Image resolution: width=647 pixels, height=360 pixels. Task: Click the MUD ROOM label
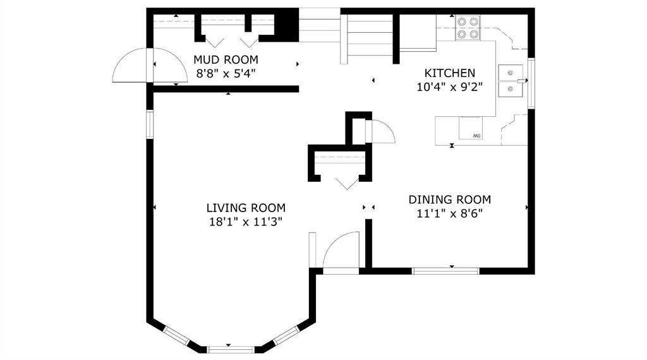pos(226,60)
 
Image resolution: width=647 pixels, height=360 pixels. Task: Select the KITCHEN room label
pos(450,73)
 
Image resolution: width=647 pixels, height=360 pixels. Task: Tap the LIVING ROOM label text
pos(246,208)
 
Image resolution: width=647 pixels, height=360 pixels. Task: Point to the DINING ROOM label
pos(450,200)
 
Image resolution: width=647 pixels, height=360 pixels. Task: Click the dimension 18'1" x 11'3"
pos(246,222)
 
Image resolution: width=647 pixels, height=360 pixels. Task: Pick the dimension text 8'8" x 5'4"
pos(226,74)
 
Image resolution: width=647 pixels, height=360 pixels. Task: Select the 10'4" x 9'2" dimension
pos(450,87)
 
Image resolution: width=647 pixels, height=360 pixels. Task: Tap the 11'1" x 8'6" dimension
pos(450,213)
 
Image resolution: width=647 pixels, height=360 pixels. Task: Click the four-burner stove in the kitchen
pos(468,28)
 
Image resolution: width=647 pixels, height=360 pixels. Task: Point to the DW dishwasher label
pos(476,136)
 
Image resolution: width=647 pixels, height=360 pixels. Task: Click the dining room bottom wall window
pos(445,271)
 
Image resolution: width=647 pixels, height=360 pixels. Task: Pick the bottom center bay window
pos(231,350)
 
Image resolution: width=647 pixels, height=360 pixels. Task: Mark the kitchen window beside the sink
pos(531,84)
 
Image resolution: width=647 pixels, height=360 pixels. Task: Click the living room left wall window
pos(150,124)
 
